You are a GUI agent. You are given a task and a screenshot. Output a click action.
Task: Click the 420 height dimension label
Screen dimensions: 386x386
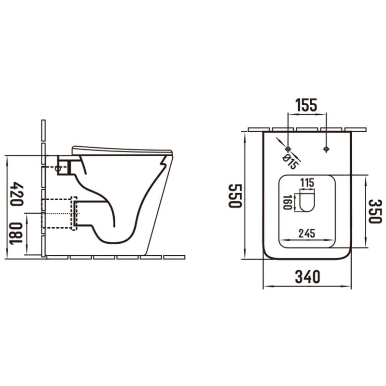tap(17, 193)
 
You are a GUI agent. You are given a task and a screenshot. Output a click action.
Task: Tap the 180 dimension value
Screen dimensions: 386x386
tap(17, 234)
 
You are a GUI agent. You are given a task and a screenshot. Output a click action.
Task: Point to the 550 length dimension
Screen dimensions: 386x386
tap(234, 195)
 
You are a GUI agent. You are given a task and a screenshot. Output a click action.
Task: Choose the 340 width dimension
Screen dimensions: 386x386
tap(307, 277)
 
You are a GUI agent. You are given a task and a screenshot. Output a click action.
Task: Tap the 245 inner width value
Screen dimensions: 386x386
tap(306, 234)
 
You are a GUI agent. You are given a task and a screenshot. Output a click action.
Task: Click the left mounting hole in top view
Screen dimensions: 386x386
tap(288, 149)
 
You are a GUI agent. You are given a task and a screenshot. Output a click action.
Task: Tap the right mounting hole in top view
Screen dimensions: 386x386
tap(326, 149)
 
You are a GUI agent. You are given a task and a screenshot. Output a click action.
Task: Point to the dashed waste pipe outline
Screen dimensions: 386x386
tap(73, 213)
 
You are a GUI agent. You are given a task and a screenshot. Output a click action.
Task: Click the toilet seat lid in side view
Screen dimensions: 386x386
tap(121, 150)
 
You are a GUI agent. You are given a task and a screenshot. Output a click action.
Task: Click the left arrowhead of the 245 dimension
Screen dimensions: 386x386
tap(282, 240)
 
